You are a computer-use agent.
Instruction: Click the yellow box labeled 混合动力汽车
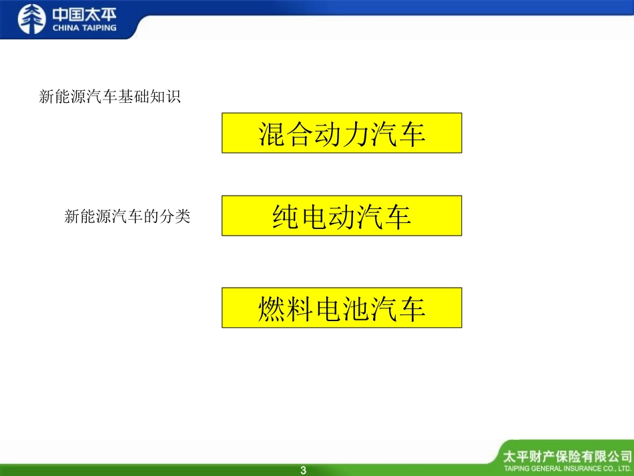[x=342, y=133]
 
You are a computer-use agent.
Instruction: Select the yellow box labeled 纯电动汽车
[x=342, y=216]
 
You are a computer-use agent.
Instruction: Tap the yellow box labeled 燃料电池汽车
[x=342, y=308]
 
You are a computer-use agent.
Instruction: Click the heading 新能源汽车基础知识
[x=110, y=97]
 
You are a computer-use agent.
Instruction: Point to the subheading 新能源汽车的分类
[x=127, y=216]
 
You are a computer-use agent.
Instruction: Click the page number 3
[x=304, y=471]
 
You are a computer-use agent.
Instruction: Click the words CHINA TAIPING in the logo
[x=85, y=28]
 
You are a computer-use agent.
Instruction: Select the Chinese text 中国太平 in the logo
[x=85, y=13]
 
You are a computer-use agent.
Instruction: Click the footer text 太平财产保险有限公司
[x=567, y=457]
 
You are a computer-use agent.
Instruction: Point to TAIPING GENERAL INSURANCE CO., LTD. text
[x=567, y=469]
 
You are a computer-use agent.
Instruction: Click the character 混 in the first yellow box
[x=272, y=134]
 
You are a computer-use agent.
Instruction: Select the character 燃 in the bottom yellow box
[x=272, y=308]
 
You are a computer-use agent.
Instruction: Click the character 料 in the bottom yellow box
[x=307, y=308]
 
